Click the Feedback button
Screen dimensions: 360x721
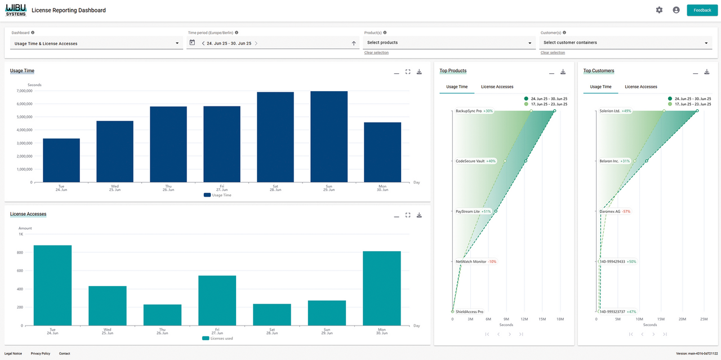point(702,10)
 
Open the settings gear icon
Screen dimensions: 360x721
point(659,10)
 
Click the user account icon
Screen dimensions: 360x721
point(676,10)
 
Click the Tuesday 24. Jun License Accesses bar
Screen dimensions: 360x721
point(52,285)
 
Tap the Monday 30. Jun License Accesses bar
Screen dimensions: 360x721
point(382,288)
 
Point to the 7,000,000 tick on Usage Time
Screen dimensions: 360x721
point(24,91)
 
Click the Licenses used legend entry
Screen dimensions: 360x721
point(217,339)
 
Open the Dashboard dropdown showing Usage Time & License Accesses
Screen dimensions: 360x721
point(95,43)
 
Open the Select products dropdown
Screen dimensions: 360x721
point(449,43)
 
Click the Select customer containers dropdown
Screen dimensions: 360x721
point(625,43)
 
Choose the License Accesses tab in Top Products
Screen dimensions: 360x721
point(497,87)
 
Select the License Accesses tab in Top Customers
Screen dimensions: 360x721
point(640,87)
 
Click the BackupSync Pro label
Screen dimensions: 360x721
point(469,111)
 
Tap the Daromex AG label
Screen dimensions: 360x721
point(610,211)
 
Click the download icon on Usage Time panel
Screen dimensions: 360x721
point(419,72)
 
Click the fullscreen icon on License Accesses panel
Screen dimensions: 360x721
point(408,215)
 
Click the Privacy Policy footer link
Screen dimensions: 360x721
point(41,353)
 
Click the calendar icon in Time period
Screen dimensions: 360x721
point(192,43)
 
